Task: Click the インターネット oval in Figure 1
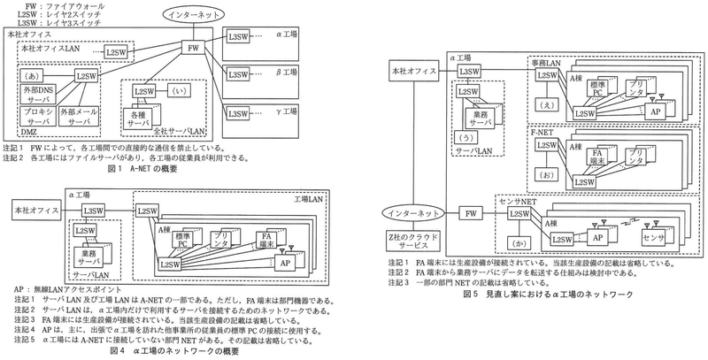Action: tap(195, 15)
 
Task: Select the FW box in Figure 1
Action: tap(194, 47)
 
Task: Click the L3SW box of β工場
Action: tap(238, 75)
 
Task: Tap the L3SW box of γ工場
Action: tap(238, 112)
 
